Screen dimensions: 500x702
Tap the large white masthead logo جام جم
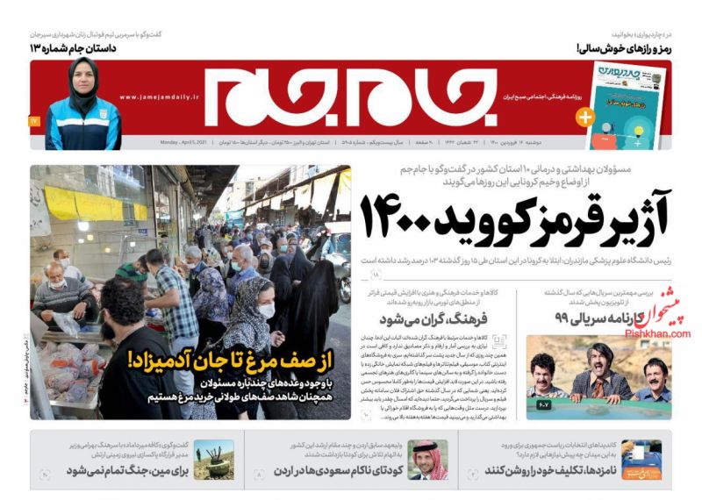click(347, 96)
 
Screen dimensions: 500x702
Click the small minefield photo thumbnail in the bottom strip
click(213, 460)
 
